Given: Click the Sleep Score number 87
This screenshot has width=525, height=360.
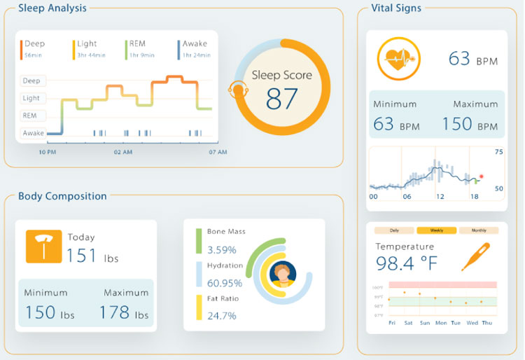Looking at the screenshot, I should click(282, 99).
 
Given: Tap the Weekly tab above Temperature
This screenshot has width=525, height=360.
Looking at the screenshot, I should click(432, 230).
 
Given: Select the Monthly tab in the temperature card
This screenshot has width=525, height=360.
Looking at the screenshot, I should click(478, 230).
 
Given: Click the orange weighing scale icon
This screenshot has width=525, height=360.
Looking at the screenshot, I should click(43, 247).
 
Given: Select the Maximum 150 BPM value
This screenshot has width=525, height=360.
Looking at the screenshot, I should click(470, 124).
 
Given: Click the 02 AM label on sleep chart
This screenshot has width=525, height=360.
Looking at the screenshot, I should click(123, 152).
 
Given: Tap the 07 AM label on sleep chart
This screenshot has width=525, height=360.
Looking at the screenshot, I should click(218, 152).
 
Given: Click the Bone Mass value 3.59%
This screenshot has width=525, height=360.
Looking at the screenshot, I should click(220, 249).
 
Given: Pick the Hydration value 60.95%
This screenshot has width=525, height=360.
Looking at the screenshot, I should click(224, 283).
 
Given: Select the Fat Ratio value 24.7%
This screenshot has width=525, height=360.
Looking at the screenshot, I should click(220, 316).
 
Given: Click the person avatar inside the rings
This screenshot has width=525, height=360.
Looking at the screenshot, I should click(283, 273).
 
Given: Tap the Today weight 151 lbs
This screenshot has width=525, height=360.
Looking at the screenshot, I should click(92, 256).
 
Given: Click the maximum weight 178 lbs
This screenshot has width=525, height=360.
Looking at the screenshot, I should click(124, 312).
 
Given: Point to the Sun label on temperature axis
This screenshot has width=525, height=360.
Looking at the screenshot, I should click(424, 323).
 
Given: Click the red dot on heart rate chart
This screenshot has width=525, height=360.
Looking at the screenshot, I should click(481, 177).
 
